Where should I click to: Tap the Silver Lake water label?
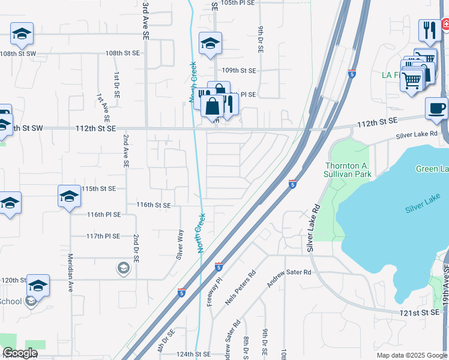pyautogui.click(x=423, y=208)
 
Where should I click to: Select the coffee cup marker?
pyautogui.click(x=436, y=109)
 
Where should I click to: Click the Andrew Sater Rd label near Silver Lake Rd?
pyautogui.click(x=290, y=272)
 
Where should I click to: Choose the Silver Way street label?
pyautogui.click(x=179, y=244)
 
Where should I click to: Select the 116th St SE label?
pyautogui.click(x=154, y=205)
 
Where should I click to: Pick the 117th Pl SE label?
pyautogui.click(x=103, y=236)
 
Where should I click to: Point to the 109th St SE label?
pyautogui.click(x=239, y=71)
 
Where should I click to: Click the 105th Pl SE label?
pyautogui.click(x=238, y=3)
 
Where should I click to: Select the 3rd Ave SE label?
pyautogui.click(x=145, y=20)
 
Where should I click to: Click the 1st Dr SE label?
pyautogui.click(x=116, y=85)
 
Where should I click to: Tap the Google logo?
pyautogui.click(x=20, y=353)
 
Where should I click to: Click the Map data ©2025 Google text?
pyautogui.click(x=411, y=355)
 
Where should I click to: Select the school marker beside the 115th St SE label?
pyautogui.click(x=69, y=197)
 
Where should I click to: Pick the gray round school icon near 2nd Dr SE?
pyautogui.click(x=123, y=267)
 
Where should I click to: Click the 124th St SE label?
pyautogui.click(x=193, y=355)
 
